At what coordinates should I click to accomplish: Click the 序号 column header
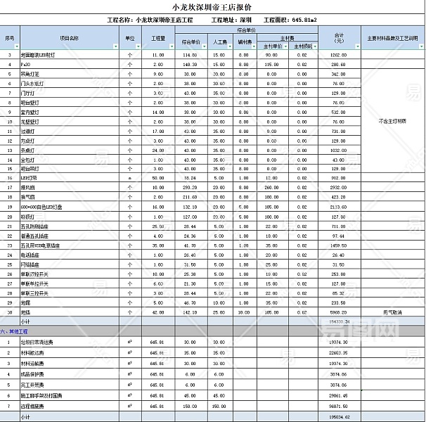10,38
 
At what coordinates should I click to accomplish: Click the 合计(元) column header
339,38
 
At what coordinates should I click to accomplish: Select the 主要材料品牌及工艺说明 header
392,38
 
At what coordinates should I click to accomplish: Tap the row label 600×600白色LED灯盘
42,207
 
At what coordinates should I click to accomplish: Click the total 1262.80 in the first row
339,54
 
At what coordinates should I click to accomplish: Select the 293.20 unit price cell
189,188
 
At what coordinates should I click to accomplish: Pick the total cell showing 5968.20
339,312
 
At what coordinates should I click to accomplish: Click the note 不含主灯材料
392,121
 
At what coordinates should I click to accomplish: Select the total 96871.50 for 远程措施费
339,407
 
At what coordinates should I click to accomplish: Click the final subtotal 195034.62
339,417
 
